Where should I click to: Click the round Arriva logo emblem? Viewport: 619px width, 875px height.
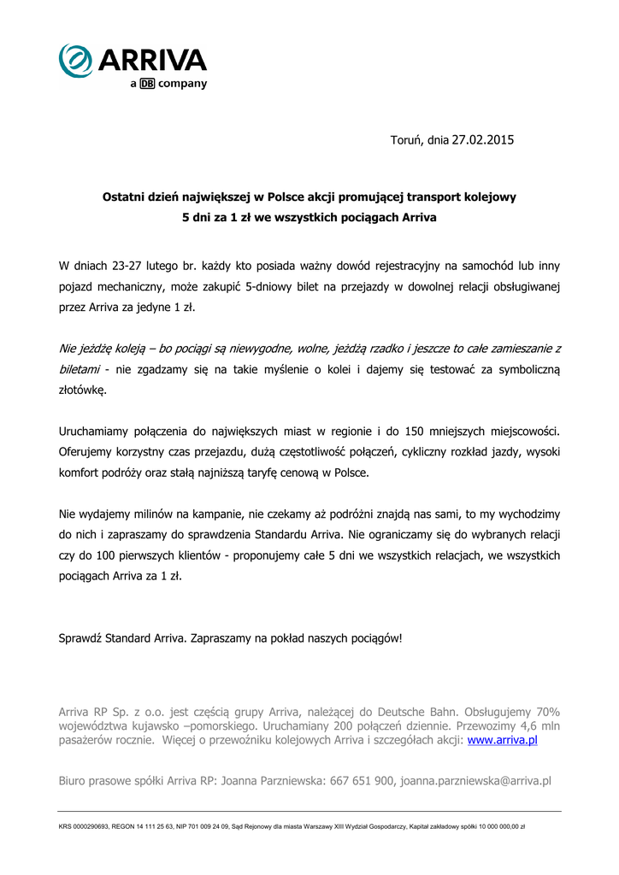click(76, 61)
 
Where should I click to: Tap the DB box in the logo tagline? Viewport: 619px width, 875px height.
click(146, 84)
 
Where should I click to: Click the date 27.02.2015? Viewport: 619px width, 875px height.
click(483, 139)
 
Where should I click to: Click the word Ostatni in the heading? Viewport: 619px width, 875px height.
click(126, 197)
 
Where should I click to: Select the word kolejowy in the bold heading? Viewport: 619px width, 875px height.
click(487, 197)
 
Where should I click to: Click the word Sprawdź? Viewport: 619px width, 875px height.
click(80, 637)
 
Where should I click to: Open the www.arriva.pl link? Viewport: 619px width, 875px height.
click(502, 740)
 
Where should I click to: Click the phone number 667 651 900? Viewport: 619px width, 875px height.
click(364, 781)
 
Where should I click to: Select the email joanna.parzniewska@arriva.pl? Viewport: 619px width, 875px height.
click(475, 781)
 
